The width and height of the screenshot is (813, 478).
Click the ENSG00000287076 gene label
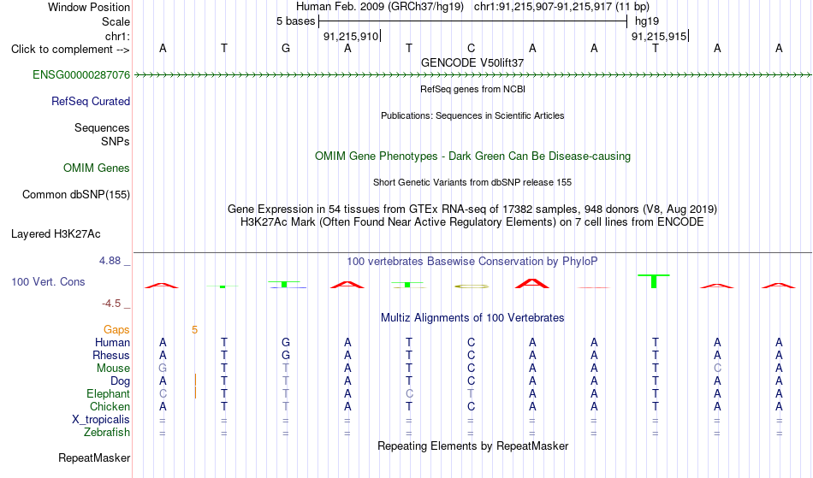pyautogui.click(x=81, y=74)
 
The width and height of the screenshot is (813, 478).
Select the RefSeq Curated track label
pyautogui.click(x=91, y=101)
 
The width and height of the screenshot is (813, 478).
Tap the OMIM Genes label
pyautogui.click(x=97, y=168)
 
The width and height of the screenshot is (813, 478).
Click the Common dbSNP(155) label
pyautogui.click(x=76, y=194)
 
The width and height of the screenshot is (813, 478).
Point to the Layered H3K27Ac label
pyautogui.click(x=56, y=233)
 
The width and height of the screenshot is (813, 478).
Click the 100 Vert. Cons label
pyautogui.click(x=48, y=281)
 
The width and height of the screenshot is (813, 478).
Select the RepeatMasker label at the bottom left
pyautogui.click(x=94, y=457)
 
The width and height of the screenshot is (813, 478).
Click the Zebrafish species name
pyautogui.click(x=107, y=432)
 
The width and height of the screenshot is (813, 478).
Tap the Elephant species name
pyautogui.click(x=109, y=393)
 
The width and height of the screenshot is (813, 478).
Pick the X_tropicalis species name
pyautogui.click(x=101, y=420)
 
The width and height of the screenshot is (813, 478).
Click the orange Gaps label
pyautogui.click(x=116, y=329)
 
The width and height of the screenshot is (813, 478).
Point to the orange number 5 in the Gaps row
pyautogui.click(x=194, y=329)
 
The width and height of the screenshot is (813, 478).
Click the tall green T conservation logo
pyautogui.click(x=654, y=281)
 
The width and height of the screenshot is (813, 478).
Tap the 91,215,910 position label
pyautogui.click(x=351, y=36)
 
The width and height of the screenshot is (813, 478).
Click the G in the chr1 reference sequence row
pyautogui.click(x=286, y=48)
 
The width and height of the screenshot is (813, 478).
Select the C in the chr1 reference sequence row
pyautogui.click(x=471, y=48)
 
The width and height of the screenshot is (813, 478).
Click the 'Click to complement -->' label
pyautogui.click(x=70, y=50)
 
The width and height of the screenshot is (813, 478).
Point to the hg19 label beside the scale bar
pyautogui.click(x=647, y=21)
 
